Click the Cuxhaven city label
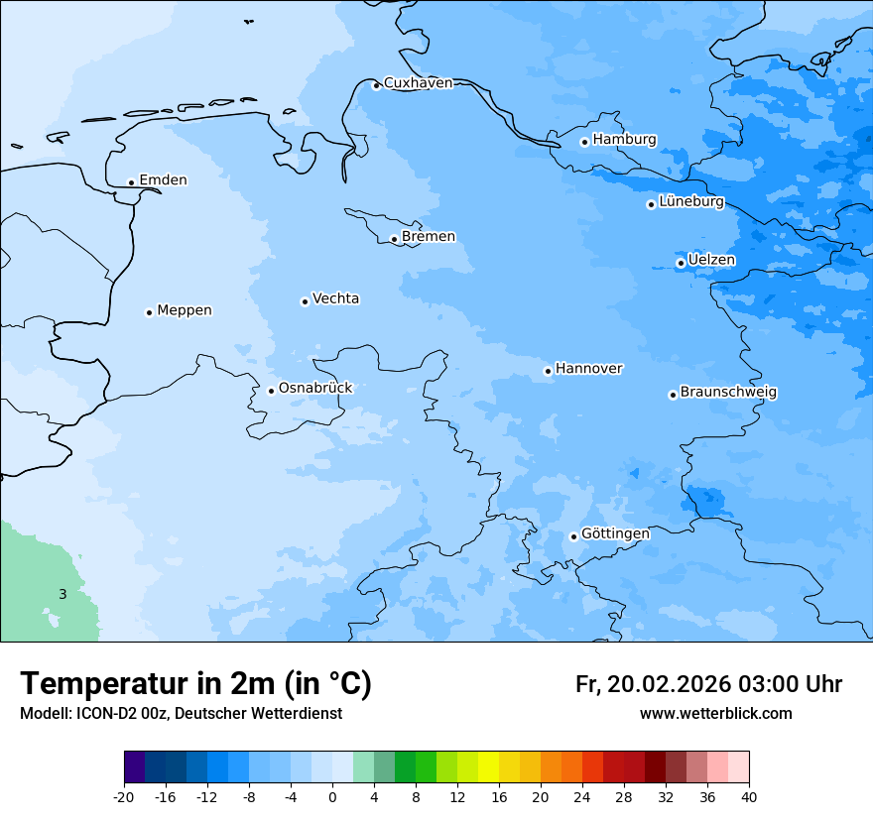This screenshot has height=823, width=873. (418, 83)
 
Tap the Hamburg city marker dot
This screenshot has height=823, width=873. (584, 142)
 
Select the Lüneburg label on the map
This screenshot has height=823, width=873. (691, 202)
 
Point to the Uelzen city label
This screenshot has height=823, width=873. (711, 260)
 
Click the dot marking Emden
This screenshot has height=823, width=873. (131, 182)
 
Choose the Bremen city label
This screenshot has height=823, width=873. (429, 237)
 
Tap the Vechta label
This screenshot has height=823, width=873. (335, 298)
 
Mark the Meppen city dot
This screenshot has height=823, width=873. (149, 312)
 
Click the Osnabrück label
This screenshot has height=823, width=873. (315, 388)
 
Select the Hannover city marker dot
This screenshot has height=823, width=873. (548, 372)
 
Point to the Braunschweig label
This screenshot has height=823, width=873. (728, 393)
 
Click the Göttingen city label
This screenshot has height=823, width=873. (615, 533)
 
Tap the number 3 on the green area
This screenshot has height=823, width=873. (62, 595)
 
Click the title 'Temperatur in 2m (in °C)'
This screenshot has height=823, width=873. (195, 684)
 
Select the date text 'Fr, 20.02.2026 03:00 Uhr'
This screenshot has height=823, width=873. (708, 684)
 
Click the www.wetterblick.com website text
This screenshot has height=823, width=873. (715, 714)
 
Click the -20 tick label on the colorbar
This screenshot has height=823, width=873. (124, 797)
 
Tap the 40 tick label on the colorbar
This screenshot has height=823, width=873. (749, 797)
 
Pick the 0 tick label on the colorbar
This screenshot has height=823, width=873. (332, 797)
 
